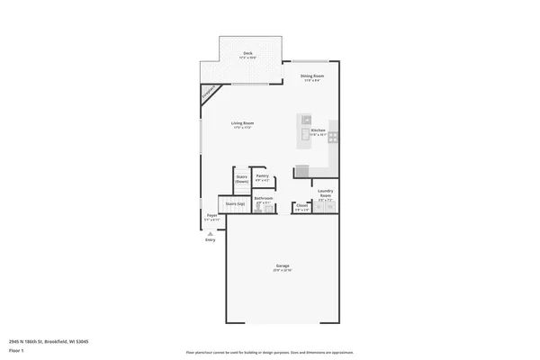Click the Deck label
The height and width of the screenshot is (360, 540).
(247, 54)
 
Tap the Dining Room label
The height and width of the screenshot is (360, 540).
(312, 76)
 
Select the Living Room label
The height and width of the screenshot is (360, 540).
(242, 125)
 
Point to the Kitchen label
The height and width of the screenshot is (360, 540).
(318, 130)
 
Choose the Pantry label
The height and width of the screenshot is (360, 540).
(262, 176)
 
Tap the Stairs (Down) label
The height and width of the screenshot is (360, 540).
(242, 179)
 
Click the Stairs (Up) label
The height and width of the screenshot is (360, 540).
(235, 204)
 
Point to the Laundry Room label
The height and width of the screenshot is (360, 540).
(326, 193)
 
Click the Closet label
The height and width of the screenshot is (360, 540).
(302, 206)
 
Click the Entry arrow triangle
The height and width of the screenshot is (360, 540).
(211, 233)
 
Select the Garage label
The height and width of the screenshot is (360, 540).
(282, 267)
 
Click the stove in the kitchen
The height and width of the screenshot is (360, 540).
(333, 138)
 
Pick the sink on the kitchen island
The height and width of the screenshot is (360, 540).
(306, 120)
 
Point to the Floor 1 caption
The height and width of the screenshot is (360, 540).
(16, 351)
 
